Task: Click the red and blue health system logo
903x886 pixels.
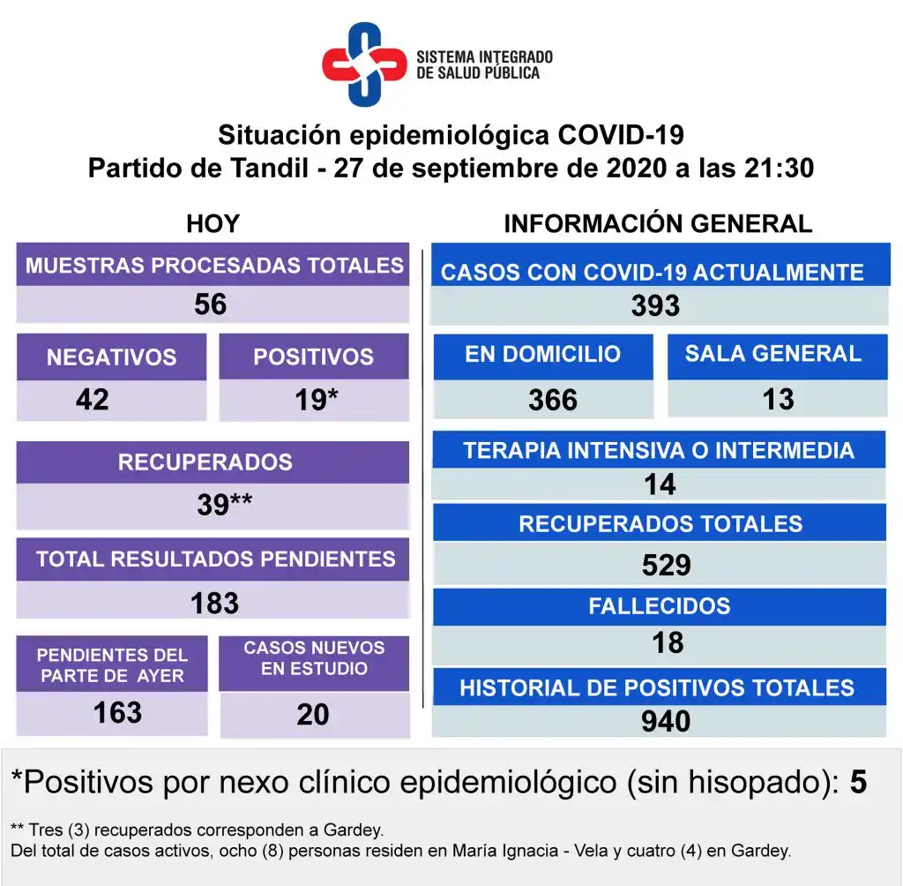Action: [363, 64]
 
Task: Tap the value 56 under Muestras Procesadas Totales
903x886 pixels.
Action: [211, 304]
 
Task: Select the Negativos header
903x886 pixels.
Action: [111, 357]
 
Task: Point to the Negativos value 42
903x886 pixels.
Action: [93, 400]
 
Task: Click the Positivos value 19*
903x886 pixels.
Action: [316, 400]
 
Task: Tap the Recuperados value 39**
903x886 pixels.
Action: [225, 505]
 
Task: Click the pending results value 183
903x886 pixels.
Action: [214, 603]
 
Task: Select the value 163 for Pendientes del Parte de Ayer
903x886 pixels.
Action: [117, 712]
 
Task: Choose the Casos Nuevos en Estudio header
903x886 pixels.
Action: [314, 658]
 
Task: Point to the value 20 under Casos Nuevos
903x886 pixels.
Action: [313, 714]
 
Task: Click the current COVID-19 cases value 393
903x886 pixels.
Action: [655, 306]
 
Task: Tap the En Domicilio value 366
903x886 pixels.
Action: [553, 400]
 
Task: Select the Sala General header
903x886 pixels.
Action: [772, 354]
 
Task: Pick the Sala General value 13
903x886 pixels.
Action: [778, 399]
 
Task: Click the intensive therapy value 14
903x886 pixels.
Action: [660, 484]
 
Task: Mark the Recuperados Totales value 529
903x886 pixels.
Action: [666, 565]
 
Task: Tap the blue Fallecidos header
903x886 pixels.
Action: [659, 606]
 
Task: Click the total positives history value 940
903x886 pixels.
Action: [666, 722]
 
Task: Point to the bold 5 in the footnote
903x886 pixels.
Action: [858, 781]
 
